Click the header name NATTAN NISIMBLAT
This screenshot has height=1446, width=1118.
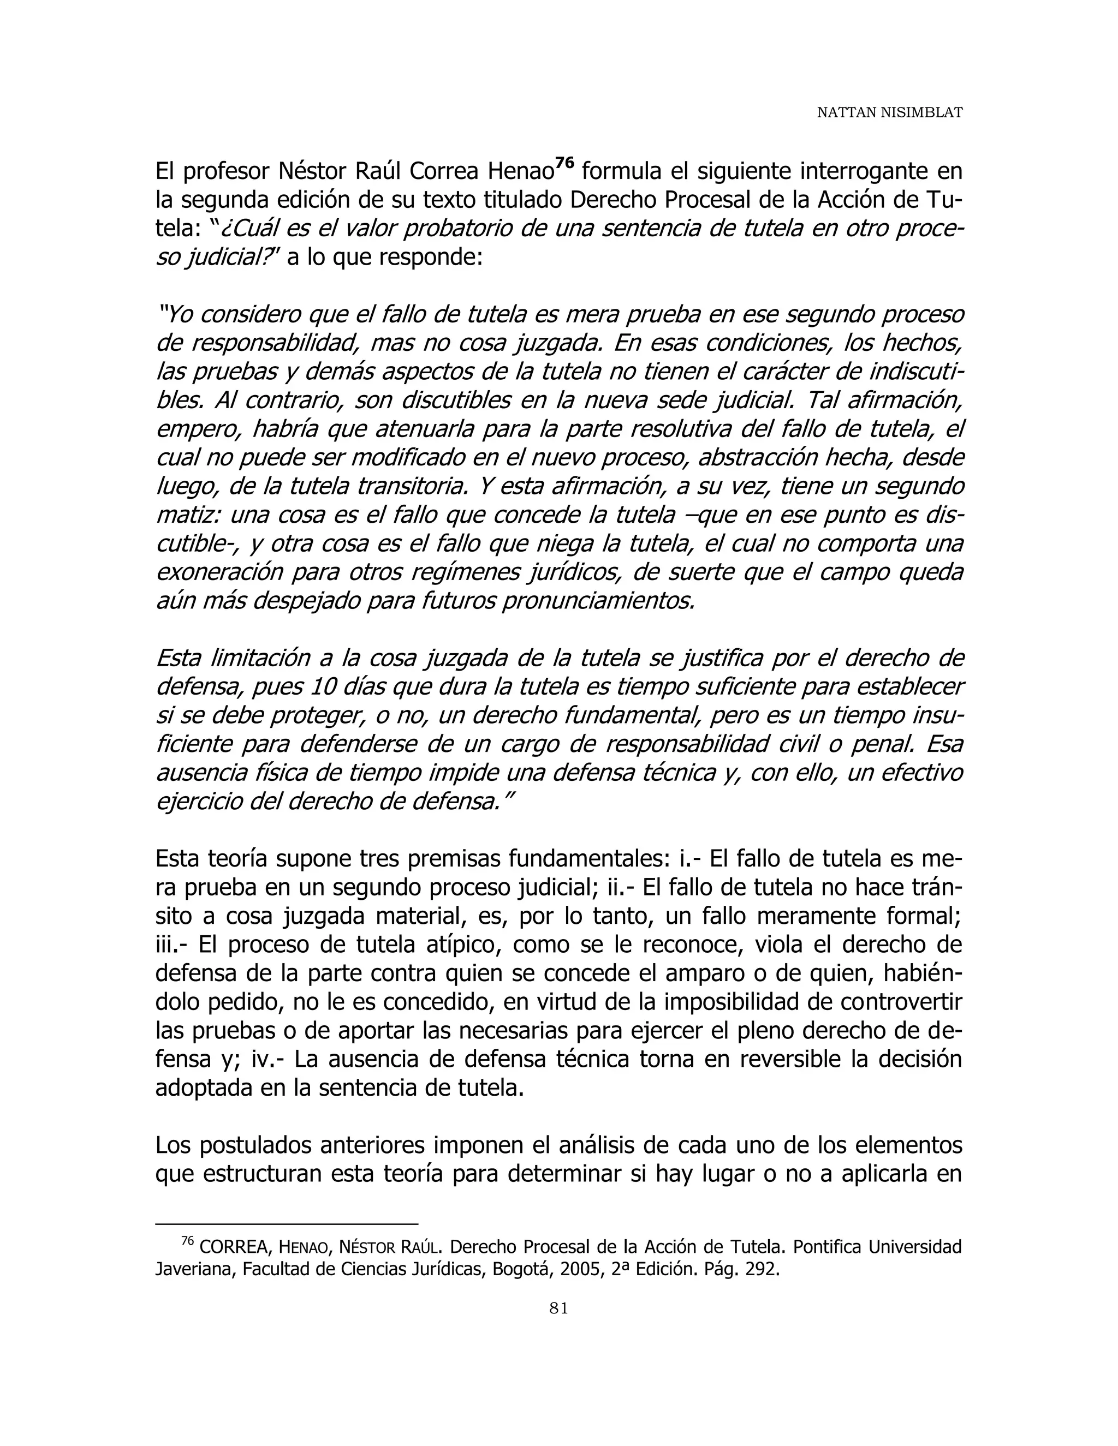coord(889,112)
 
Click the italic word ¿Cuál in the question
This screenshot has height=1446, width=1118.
coord(245,229)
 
